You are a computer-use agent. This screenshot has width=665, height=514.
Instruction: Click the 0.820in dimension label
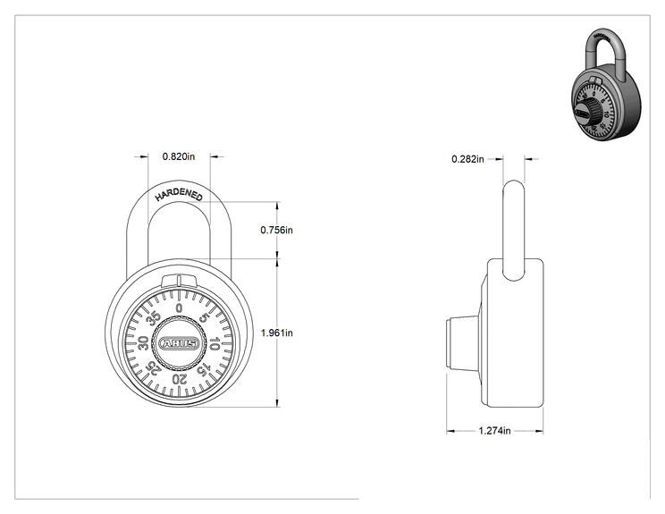179,156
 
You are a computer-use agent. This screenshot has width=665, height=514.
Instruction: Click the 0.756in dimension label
276,230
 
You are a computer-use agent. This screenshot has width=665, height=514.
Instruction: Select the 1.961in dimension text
276,333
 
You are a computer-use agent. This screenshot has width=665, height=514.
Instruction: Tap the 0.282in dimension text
467,159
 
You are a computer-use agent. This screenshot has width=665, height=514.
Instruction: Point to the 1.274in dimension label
494,431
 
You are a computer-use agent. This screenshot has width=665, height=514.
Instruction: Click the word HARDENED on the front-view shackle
179,194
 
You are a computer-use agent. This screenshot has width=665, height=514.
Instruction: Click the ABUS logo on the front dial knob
179,343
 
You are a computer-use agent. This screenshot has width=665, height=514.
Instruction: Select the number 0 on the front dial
179,308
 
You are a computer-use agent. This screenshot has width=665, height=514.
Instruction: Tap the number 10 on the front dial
215,343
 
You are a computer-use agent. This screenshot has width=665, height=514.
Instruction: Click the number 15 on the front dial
204,369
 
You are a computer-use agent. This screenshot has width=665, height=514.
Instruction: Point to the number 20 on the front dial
179,379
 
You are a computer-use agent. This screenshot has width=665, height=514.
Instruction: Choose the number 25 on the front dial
154,368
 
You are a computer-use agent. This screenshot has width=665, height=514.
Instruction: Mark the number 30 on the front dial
143,343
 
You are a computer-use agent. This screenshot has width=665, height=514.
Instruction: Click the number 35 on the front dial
154,317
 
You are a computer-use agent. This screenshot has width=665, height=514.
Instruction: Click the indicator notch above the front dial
179,282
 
